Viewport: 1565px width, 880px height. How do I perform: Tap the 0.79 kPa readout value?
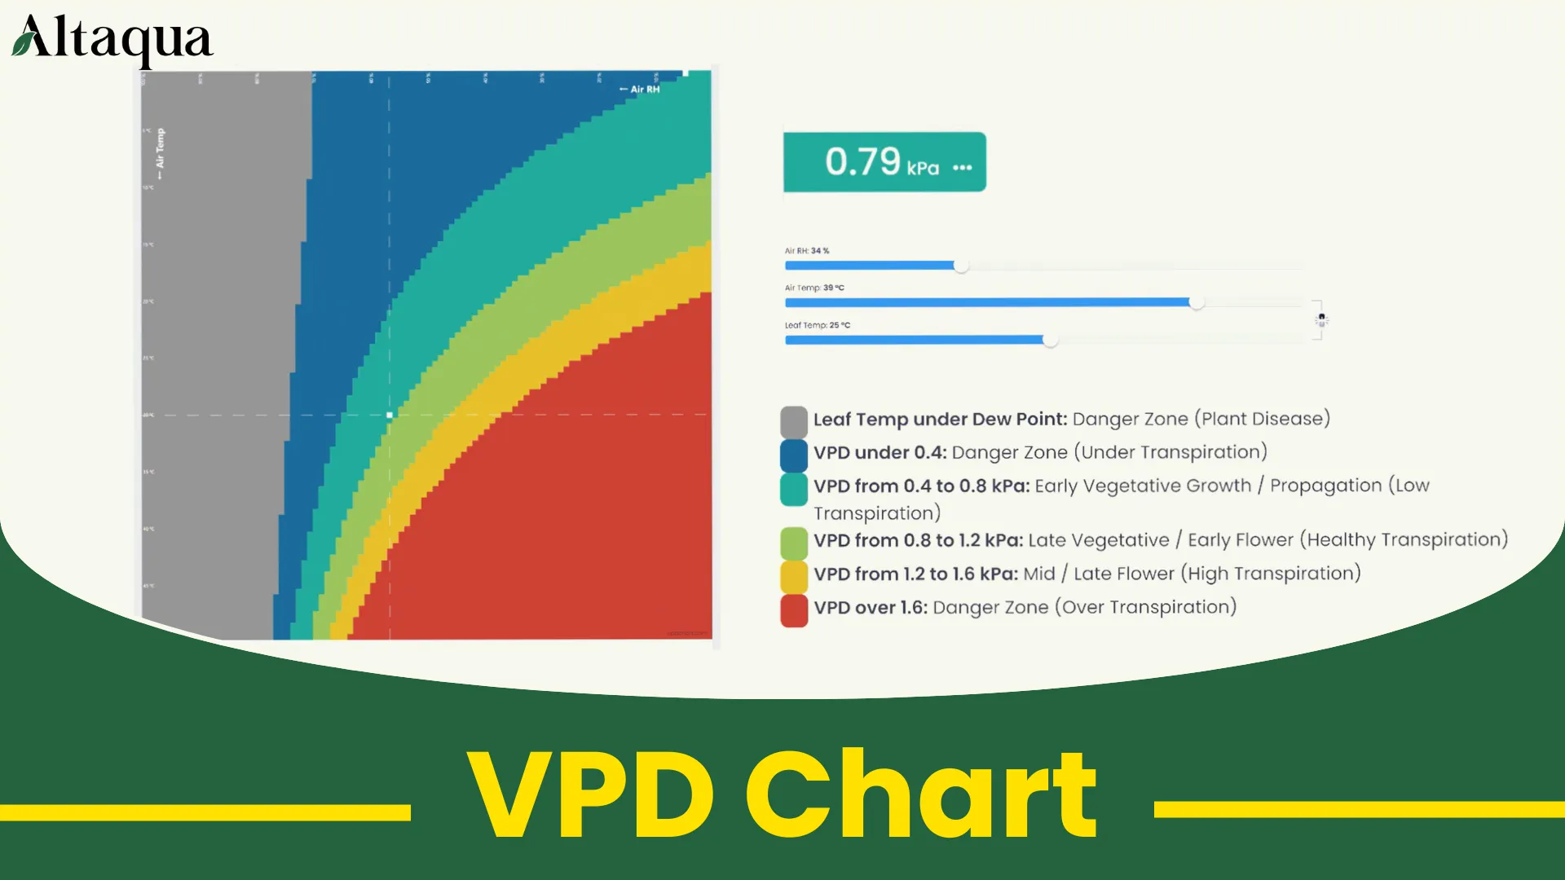click(862, 161)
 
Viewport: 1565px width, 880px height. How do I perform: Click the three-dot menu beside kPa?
click(962, 167)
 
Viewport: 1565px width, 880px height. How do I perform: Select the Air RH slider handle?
click(961, 266)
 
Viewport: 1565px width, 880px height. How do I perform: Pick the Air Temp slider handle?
click(1196, 302)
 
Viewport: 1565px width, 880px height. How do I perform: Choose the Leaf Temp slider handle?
click(1050, 340)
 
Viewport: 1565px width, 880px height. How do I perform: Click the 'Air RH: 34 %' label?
click(807, 251)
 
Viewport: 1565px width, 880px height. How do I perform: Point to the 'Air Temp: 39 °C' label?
click(814, 288)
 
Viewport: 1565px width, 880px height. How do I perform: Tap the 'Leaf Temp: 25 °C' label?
click(817, 325)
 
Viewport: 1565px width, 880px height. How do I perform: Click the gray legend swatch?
click(794, 422)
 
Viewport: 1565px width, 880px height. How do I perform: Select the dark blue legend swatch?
click(794, 455)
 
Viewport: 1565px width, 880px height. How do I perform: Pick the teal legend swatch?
click(794, 489)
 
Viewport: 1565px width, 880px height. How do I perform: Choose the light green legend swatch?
click(794, 543)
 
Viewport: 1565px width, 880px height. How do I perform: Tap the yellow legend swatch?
click(794, 576)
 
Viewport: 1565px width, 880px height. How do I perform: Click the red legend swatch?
click(794, 610)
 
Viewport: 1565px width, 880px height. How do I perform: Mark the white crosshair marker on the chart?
click(390, 415)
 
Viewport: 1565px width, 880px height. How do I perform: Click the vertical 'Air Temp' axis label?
click(160, 152)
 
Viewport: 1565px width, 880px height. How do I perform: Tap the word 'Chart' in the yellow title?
click(921, 794)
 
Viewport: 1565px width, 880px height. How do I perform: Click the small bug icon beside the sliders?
click(1321, 319)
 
